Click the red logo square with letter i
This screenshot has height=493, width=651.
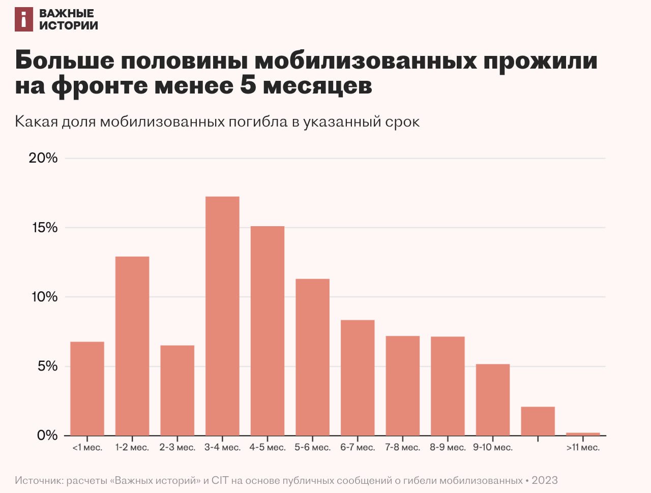click(x=24, y=19)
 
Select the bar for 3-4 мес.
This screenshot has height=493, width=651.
click(x=222, y=316)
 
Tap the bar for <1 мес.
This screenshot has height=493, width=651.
click(x=87, y=388)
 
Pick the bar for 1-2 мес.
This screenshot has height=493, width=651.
click(x=132, y=346)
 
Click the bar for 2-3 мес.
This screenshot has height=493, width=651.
click(x=177, y=390)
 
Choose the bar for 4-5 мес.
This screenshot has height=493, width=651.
click(x=268, y=330)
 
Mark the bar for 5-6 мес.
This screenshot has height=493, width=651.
click(x=312, y=357)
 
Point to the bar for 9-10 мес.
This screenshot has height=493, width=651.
click(x=493, y=399)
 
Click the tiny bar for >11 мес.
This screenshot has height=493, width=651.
click(x=583, y=434)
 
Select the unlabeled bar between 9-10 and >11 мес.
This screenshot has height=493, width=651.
click(x=538, y=421)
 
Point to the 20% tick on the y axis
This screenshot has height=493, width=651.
click(x=43, y=158)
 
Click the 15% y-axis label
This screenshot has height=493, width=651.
click(x=45, y=228)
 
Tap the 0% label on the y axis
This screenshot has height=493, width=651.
click(x=47, y=436)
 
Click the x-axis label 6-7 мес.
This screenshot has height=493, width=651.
click(x=358, y=448)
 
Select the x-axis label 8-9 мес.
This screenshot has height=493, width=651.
click(x=448, y=448)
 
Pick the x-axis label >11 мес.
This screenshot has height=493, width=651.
click(x=583, y=448)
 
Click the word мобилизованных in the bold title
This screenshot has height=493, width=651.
click(x=366, y=60)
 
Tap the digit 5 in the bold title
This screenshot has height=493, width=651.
click(x=248, y=85)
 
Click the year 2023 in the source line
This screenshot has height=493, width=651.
click(x=545, y=480)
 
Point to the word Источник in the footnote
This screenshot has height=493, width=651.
click(x=39, y=480)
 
